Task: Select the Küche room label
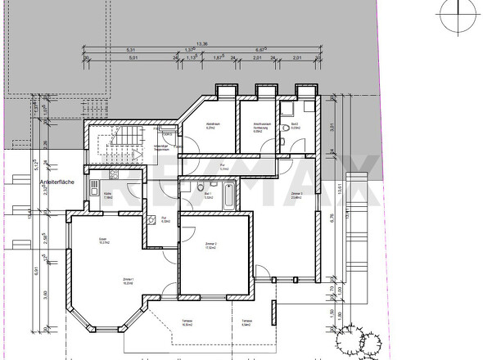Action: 107,195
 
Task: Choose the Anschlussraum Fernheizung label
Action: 261,127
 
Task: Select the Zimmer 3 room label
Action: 296,194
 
